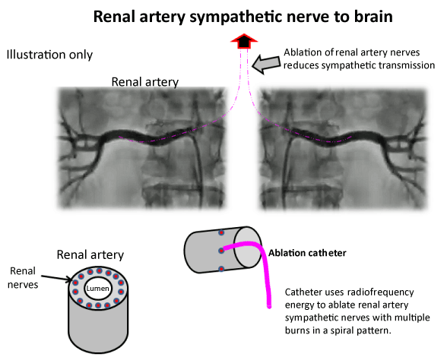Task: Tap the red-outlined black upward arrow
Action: coord(244,41)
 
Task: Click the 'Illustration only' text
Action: coord(49,55)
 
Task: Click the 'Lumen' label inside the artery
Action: coord(98,289)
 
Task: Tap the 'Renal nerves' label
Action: coord(23,277)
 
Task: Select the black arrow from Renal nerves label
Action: coord(57,278)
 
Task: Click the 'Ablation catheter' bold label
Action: coord(307,253)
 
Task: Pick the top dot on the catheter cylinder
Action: coord(221,232)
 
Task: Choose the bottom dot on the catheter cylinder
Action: coord(221,269)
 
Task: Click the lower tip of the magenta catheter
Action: coord(269,307)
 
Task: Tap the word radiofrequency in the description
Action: coord(380,292)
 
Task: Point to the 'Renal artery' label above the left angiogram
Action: coord(144,82)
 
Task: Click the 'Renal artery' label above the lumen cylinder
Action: coord(90,254)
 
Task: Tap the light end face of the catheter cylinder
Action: coord(248,248)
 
